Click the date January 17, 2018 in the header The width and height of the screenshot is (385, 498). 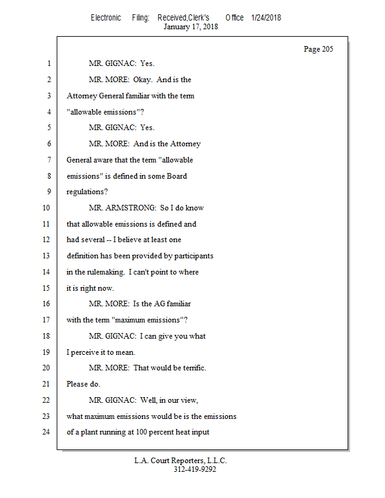click(x=191, y=27)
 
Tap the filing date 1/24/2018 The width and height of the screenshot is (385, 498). click(x=266, y=17)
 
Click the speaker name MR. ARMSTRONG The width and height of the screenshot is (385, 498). click(x=122, y=207)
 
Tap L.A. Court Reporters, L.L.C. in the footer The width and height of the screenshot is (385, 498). click(x=181, y=461)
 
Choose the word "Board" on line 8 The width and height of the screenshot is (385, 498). click(x=176, y=176)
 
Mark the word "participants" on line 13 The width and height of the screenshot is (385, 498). click(x=192, y=256)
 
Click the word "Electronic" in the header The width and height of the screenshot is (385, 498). click(x=106, y=17)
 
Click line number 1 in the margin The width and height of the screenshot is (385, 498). click(x=48, y=63)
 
